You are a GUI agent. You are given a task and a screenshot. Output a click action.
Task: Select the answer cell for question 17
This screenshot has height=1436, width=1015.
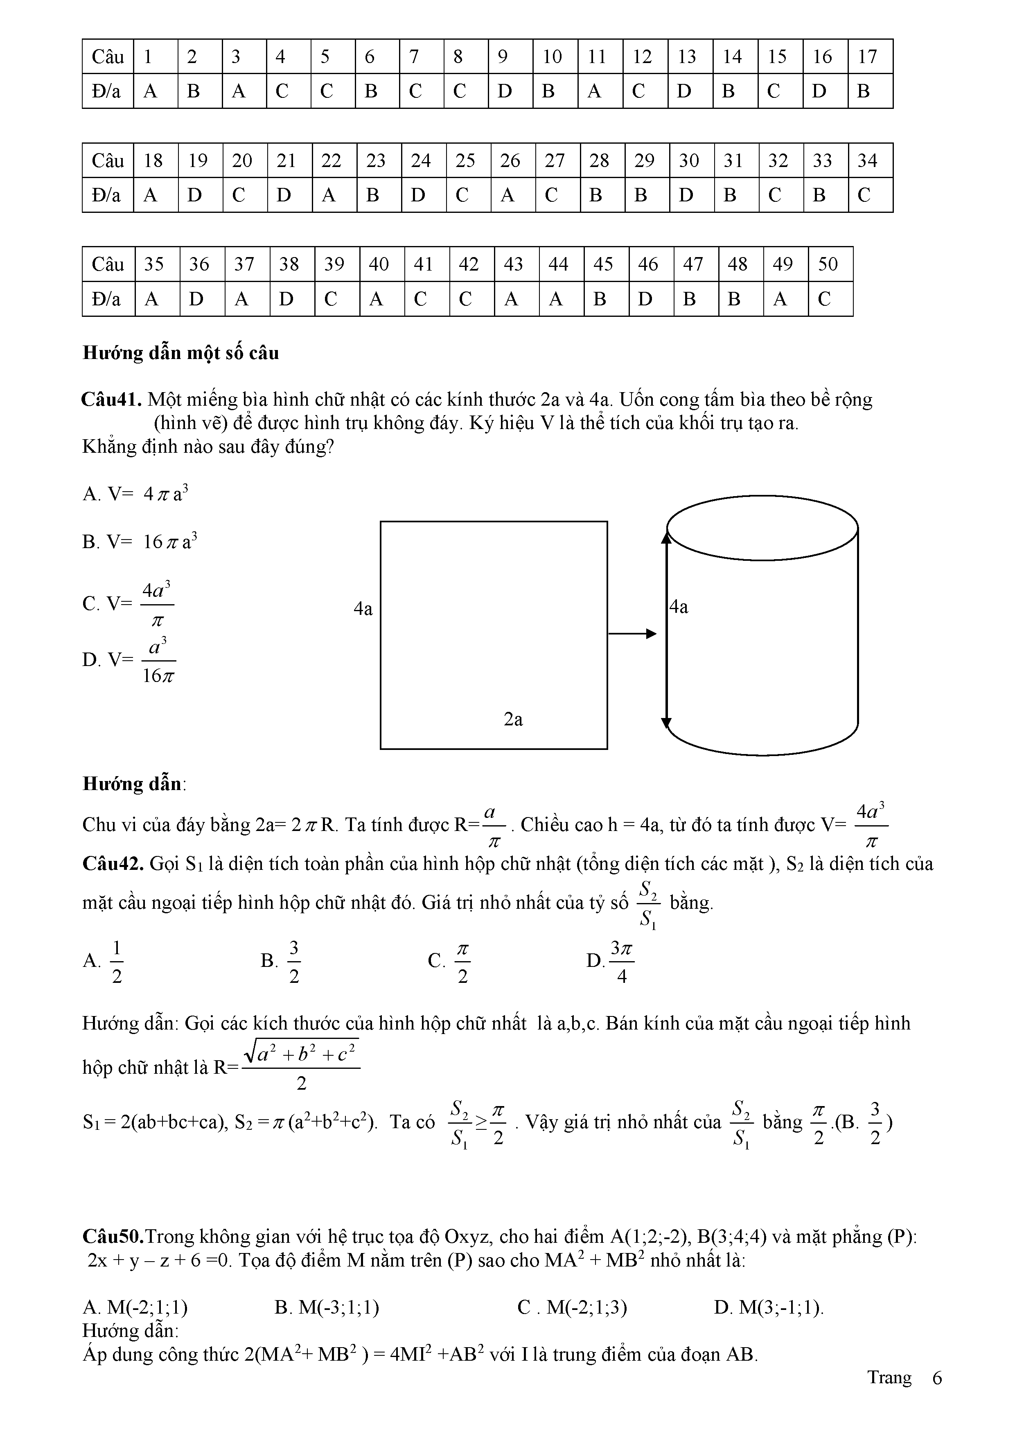(x=870, y=91)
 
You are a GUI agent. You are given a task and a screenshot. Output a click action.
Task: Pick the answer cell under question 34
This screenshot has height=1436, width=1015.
(x=870, y=196)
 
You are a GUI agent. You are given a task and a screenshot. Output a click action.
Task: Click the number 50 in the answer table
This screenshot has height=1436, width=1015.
(x=829, y=264)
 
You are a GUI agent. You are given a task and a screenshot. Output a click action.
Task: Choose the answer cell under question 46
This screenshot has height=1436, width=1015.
(x=650, y=299)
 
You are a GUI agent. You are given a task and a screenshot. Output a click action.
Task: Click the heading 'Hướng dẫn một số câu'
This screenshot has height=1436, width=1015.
(x=181, y=353)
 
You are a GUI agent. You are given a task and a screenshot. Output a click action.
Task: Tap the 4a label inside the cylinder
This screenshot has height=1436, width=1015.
(x=679, y=607)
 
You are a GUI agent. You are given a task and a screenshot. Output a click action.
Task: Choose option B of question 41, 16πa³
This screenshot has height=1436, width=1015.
(x=141, y=542)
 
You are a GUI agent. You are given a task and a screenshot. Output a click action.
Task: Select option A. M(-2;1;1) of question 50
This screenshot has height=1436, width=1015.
(x=135, y=1308)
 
